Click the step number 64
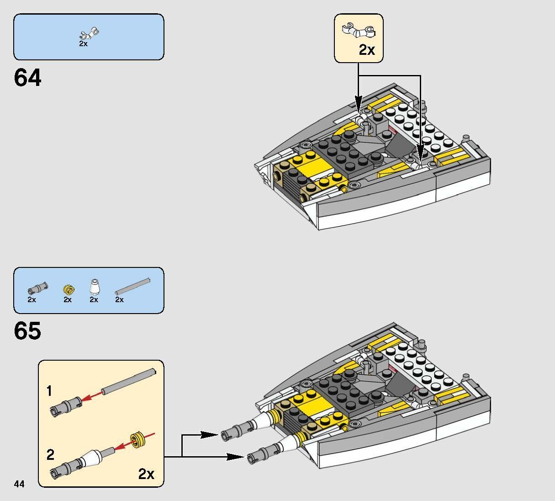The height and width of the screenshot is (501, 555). click(27, 77)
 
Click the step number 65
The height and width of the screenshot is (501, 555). click(27, 330)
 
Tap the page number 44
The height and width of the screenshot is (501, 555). click(19, 484)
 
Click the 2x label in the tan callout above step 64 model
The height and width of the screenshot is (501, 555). click(366, 50)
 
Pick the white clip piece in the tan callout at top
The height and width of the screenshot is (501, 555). click(359, 30)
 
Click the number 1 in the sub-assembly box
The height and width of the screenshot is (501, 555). click(49, 391)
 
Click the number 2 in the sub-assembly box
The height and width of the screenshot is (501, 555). click(50, 455)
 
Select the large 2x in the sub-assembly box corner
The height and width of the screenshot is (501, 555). click(146, 474)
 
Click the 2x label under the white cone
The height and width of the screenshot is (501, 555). click(94, 299)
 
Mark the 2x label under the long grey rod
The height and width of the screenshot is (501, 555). click(119, 299)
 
